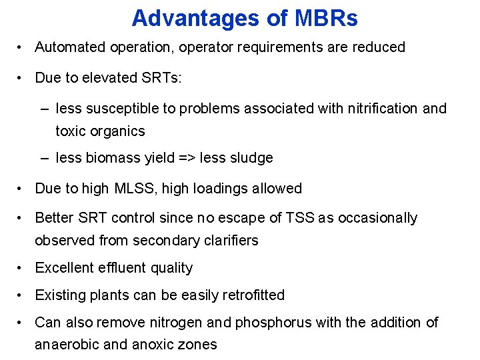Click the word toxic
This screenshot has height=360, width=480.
71,131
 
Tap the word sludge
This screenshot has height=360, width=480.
252,158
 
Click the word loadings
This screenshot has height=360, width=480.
225,189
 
